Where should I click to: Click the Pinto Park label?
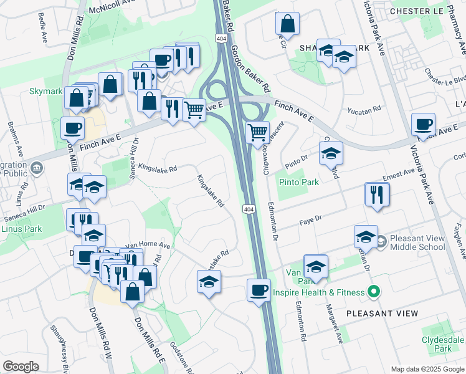299,183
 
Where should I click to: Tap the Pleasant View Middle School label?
417,242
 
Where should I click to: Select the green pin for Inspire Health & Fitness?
374,291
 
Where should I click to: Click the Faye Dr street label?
310,219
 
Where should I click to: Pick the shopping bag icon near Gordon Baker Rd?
287,24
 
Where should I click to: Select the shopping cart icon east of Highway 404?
257,132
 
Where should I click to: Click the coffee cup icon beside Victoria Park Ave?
424,123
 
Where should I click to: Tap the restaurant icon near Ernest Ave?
377,194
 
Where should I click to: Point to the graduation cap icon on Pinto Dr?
331,153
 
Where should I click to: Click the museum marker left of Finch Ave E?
37,167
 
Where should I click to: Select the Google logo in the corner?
21,367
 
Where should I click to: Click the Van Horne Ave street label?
148,246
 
